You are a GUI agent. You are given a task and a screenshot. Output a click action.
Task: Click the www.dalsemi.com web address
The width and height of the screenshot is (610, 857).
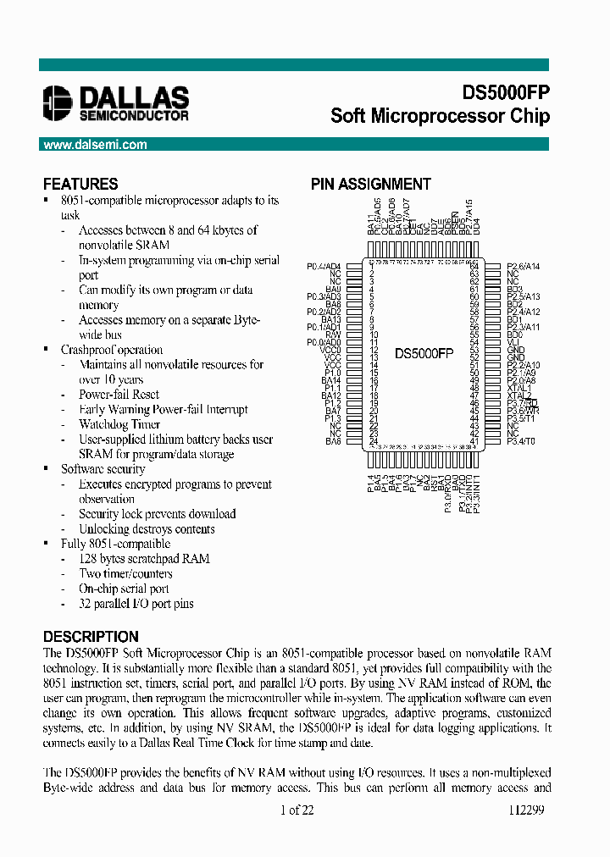tap(94, 145)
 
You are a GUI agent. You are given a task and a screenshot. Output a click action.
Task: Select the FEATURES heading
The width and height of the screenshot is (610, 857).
tap(80, 184)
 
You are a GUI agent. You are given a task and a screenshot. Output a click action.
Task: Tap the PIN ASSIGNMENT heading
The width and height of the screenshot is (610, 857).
tap(370, 184)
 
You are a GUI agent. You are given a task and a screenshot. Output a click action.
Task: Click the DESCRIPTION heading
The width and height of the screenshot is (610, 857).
tap(91, 637)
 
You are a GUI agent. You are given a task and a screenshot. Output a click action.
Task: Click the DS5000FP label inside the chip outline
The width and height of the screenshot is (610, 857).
tap(424, 354)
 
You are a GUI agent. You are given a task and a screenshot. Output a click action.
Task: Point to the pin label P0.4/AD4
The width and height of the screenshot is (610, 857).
tap(324, 267)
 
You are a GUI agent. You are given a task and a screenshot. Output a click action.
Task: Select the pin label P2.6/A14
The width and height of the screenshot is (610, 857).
tap(524, 267)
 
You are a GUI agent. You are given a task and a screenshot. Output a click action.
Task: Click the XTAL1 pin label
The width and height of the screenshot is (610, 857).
tap(519, 388)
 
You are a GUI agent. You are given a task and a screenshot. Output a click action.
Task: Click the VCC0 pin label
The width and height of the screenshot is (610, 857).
tap(330, 350)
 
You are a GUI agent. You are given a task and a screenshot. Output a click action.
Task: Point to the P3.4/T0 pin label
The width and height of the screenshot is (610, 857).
tap(522, 441)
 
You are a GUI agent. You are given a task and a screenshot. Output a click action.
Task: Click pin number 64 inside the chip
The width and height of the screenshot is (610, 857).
tap(474, 267)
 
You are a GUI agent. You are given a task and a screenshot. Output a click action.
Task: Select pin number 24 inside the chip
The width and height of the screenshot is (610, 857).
tap(373, 441)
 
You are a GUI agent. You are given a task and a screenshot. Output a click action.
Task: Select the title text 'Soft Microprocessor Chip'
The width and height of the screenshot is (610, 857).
tap(440, 116)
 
